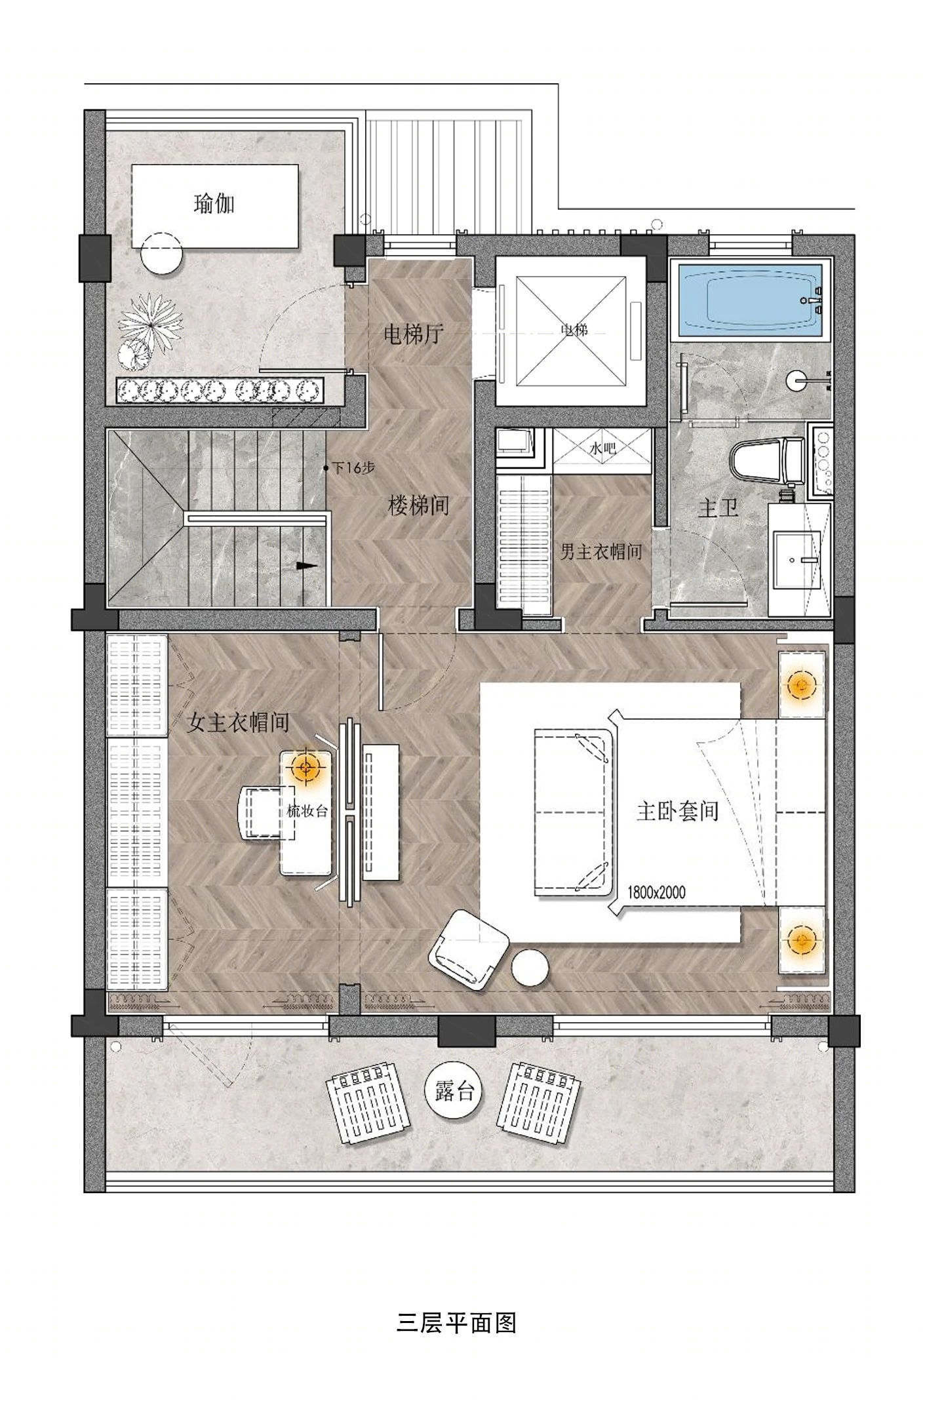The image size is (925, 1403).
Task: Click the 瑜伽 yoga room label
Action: (x=214, y=204)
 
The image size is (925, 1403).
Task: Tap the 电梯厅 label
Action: (x=414, y=335)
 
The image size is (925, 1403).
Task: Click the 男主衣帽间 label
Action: (x=600, y=552)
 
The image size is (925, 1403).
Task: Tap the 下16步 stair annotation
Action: (x=352, y=468)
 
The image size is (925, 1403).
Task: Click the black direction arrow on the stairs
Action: (x=305, y=565)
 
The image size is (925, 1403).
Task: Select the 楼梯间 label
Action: (x=419, y=505)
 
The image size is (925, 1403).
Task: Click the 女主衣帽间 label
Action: (x=238, y=722)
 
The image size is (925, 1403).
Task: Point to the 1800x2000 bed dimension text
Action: (x=656, y=892)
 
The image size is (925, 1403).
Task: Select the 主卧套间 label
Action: (x=677, y=812)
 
